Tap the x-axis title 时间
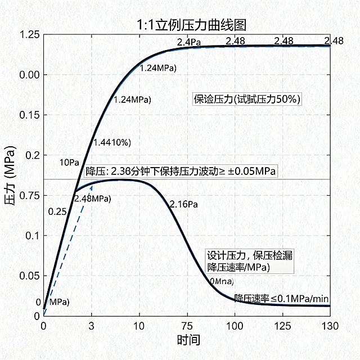pyautogui.click(x=188, y=340)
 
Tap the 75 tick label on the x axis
pyautogui.click(x=187, y=325)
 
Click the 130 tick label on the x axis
pyautogui.click(x=330, y=325)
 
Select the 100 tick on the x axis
pyautogui.click(x=235, y=325)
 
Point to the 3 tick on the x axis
pyautogui.click(x=91, y=325)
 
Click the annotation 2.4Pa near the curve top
pyautogui.click(x=188, y=42)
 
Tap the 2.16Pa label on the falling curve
pyautogui.click(x=184, y=204)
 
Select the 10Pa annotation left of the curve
pyautogui.click(x=69, y=163)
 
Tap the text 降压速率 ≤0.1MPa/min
pyautogui.click(x=281, y=298)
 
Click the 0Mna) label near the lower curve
pyautogui.click(x=221, y=281)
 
